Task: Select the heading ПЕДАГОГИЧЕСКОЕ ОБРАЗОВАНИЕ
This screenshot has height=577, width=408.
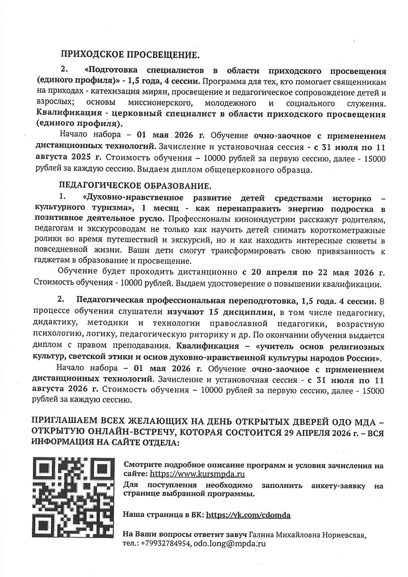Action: (x=135, y=186)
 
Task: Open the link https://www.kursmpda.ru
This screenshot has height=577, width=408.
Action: (x=197, y=474)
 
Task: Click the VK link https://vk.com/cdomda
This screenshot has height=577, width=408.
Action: (x=248, y=515)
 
